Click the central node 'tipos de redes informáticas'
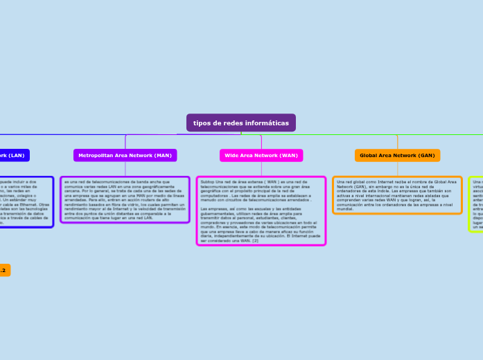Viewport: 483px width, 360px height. click(240, 123)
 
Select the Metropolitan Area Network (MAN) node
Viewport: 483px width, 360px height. click(125, 156)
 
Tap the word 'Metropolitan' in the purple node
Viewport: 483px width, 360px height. click(97, 156)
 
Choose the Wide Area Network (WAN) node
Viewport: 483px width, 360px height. click(261, 156)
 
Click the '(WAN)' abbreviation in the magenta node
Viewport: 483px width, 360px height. click(289, 156)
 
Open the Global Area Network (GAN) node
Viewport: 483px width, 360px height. click(397, 156)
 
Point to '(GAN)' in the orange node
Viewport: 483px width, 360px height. click(425, 156)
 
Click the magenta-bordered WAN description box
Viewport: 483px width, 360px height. click(261, 210)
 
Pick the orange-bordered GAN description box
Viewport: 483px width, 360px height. click(397, 195)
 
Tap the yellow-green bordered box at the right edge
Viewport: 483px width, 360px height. click(477, 204)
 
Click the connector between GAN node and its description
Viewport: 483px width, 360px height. click(397, 170)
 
